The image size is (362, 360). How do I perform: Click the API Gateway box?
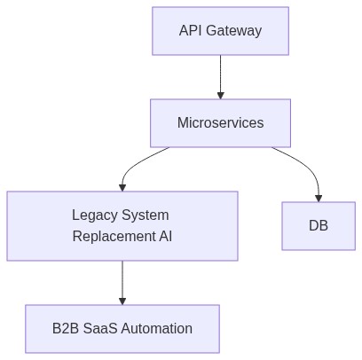pyautogui.click(x=220, y=31)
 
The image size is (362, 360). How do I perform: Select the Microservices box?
pyautogui.click(x=220, y=122)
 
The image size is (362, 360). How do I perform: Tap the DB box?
pyautogui.click(x=319, y=225)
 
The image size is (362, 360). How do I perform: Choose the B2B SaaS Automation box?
pyautogui.click(x=122, y=329)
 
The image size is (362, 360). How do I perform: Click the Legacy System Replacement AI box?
pyautogui.click(x=122, y=225)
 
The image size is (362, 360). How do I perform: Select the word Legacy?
pyautogui.click(x=95, y=215)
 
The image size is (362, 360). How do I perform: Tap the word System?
pyautogui.click(x=146, y=215)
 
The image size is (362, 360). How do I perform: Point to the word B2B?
pyautogui.click(x=67, y=329)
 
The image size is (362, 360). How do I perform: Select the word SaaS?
pyautogui.click(x=103, y=329)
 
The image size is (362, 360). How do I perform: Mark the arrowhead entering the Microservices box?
pyautogui.click(x=220, y=94)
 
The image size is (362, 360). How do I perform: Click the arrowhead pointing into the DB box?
pyautogui.click(x=319, y=197)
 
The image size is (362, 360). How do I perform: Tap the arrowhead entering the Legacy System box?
pyautogui.click(x=122, y=186)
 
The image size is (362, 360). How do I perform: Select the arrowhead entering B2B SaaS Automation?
pyautogui.click(x=122, y=301)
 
